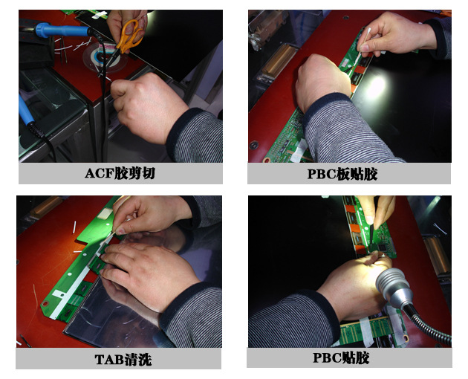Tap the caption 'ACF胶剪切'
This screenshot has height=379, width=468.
120,173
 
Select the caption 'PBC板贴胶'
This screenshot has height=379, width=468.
342,174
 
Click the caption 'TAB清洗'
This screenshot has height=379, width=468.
123,360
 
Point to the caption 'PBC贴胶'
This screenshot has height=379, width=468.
341,357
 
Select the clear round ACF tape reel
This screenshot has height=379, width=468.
105,56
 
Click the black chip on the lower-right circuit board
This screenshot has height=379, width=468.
383,247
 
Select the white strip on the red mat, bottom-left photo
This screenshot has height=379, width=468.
74,227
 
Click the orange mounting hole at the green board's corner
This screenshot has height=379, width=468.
45,304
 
